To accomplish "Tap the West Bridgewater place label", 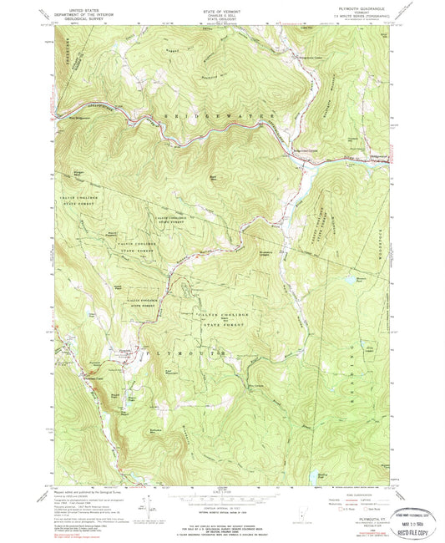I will point(76,117).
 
